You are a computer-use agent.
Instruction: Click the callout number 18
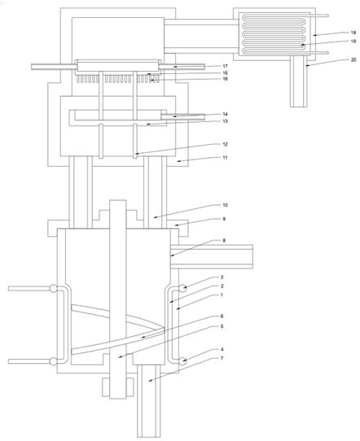353,32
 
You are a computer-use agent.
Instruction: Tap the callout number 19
353,41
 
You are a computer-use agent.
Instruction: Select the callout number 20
353,59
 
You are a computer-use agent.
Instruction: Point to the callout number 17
225,67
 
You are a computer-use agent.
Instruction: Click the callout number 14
225,114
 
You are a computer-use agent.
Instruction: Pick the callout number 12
225,144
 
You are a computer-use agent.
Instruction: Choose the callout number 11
225,158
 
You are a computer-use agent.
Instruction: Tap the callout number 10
225,205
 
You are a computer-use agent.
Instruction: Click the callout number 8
224,241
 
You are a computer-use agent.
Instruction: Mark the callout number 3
222,277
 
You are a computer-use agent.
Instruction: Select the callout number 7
222,358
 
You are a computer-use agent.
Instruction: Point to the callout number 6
222,317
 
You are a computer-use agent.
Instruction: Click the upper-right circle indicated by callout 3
182,289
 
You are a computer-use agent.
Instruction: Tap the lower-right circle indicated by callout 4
182,361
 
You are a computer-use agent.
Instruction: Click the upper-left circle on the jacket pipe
53,289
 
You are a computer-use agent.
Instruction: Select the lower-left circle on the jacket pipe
53,361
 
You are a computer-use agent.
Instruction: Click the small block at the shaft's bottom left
106,387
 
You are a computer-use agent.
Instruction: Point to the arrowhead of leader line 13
147,124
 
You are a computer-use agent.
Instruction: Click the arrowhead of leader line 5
120,357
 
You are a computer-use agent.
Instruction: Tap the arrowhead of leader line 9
176,225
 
